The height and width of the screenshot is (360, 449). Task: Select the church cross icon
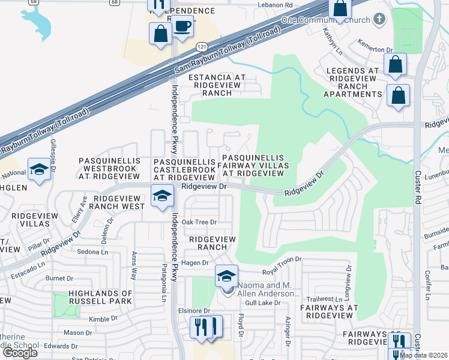(x=378, y=19)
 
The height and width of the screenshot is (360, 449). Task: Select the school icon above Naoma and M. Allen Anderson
(x=226, y=276)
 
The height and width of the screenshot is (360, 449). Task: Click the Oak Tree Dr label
(x=199, y=222)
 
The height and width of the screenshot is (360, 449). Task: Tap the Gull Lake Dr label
(x=265, y=303)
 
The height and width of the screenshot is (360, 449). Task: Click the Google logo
(x=20, y=353)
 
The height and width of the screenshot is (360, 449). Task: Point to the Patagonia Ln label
(x=163, y=282)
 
